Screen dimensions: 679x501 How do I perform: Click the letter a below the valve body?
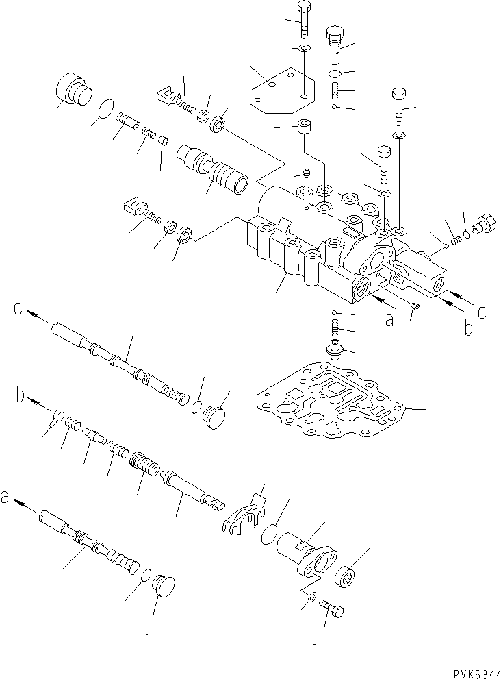pyautogui.click(x=389, y=320)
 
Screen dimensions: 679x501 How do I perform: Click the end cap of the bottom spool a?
pyautogui.click(x=163, y=587)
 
